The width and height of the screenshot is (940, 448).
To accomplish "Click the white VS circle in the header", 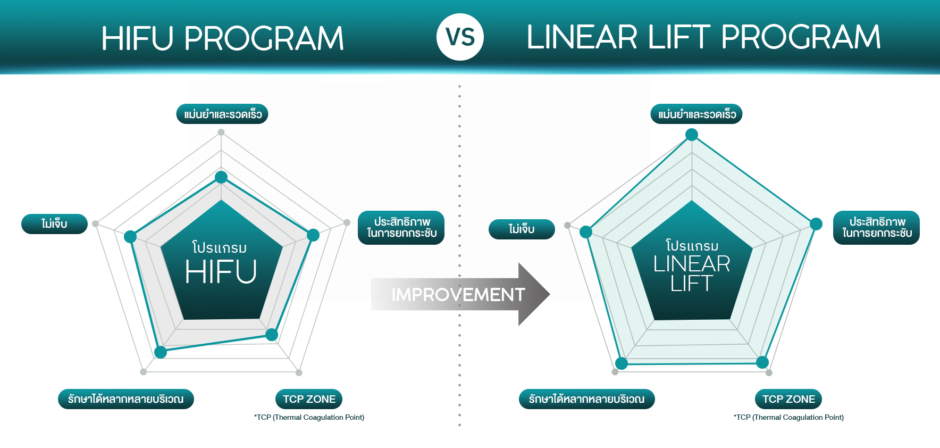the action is coord(460,37).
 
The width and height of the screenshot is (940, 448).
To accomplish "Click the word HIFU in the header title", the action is coord(137,38).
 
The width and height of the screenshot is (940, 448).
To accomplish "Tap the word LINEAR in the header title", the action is coord(582,37).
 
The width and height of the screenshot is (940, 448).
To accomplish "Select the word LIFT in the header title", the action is coord(679,37).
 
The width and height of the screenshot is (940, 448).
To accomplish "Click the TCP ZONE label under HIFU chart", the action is coord(309,399).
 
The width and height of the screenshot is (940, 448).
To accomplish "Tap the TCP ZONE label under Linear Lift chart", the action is coord(788,399).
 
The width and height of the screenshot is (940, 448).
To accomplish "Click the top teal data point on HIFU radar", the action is coord(221,177).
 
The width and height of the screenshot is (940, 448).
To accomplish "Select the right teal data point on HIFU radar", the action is coord(313,235).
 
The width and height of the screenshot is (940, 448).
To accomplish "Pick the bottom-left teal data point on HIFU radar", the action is coord(161,352).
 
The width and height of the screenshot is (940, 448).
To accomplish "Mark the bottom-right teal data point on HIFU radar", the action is coord(272,334).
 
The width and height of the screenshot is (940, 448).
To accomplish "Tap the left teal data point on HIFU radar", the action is coord(130,237).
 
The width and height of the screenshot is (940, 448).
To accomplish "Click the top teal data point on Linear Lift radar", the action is coord(692,135).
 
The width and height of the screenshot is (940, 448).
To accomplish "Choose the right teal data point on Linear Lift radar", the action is coord(816,224).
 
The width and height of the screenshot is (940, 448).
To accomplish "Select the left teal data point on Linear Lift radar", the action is coord(586,231).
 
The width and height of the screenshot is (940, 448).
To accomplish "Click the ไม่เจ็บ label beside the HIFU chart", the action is coord(54,224).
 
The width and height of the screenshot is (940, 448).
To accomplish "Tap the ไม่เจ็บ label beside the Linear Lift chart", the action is coord(522,229).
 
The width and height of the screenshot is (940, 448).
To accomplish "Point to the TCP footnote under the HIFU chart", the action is coord(309,417).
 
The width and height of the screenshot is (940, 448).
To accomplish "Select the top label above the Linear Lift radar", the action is coord(696,114).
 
